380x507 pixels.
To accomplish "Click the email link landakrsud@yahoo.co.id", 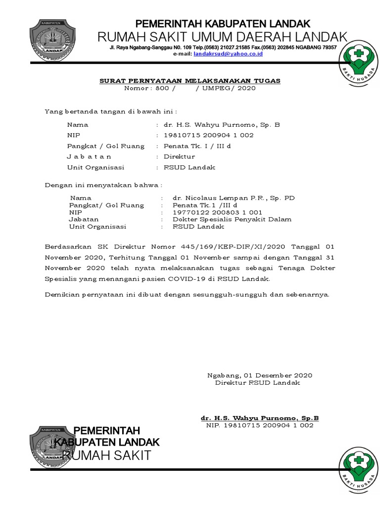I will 228,53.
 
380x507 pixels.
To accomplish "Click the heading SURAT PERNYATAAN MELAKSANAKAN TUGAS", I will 190,80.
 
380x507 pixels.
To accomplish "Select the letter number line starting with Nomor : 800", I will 190,88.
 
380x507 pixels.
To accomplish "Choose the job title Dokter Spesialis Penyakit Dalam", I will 232,219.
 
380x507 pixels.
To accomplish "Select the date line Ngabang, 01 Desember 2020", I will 259,375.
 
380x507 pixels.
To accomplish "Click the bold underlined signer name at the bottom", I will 256,418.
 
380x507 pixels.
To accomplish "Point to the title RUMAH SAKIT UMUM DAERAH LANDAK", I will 222,37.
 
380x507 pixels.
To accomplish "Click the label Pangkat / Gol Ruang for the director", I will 106,146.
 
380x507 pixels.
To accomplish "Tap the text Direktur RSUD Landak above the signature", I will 257,383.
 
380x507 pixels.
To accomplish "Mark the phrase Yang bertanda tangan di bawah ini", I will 111,111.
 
